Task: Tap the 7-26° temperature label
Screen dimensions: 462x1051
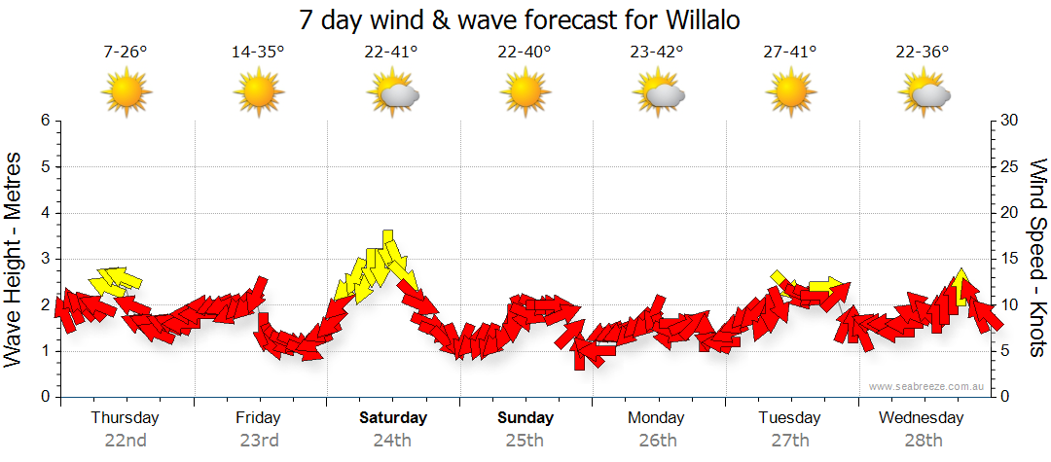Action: pos(126,53)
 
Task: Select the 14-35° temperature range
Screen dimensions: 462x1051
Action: pos(258,53)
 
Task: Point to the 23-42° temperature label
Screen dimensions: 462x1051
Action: pos(657,53)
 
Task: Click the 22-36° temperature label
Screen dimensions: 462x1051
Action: pos(923,53)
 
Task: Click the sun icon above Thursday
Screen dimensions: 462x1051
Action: pos(127,93)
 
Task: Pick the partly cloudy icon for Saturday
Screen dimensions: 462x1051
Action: pos(392,94)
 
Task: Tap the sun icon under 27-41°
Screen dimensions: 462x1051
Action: pos(790,93)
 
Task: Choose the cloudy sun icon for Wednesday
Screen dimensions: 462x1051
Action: pos(924,94)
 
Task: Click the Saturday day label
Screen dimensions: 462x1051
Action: pos(392,418)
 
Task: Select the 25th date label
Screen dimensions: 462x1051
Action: pos(525,440)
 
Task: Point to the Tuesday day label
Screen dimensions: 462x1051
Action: pos(790,418)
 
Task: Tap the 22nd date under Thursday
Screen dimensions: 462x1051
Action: pos(126,440)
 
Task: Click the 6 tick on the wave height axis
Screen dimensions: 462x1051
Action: pos(45,121)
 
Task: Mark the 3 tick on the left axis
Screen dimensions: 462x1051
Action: pos(45,259)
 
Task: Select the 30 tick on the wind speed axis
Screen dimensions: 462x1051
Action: pos(1010,121)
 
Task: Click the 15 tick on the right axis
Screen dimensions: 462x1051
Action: pos(1010,259)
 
